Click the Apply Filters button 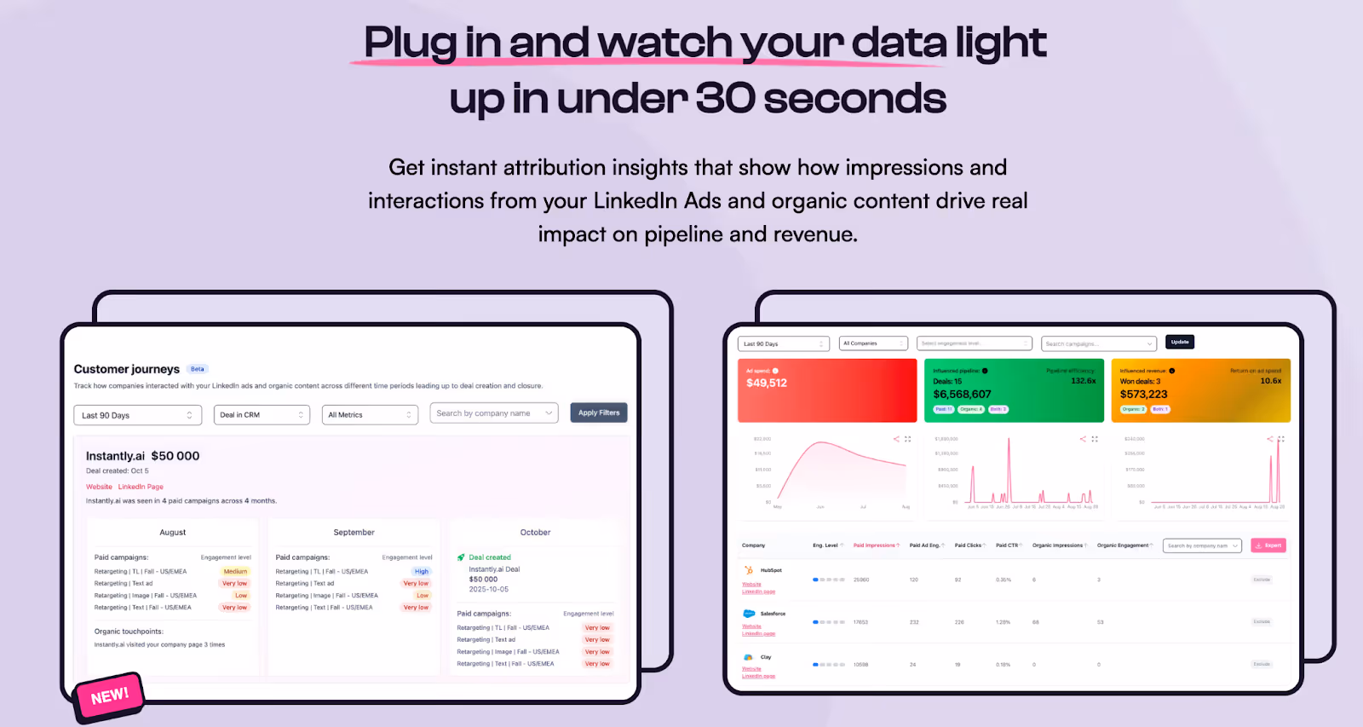[x=598, y=413]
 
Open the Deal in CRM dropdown [x=261, y=415]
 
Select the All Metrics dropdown [x=370, y=415]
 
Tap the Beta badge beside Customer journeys [x=198, y=369]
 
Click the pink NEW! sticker [x=110, y=696]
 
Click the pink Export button [x=1268, y=545]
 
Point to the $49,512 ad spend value [x=767, y=384]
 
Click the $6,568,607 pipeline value [x=962, y=395]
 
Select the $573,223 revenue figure [x=1143, y=395]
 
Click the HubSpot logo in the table [x=749, y=570]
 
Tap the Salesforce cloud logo [x=749, y=614]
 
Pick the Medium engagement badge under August [x=235, y=572]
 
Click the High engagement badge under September [x=422, y=572]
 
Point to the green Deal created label [x=489, y=557]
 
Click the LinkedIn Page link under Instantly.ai [x=141, y=487]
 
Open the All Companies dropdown [x=873, y=343]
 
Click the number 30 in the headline [x=725, y=99]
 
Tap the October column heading [x=535, y=533]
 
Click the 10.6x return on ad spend [x=1270, y=381]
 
